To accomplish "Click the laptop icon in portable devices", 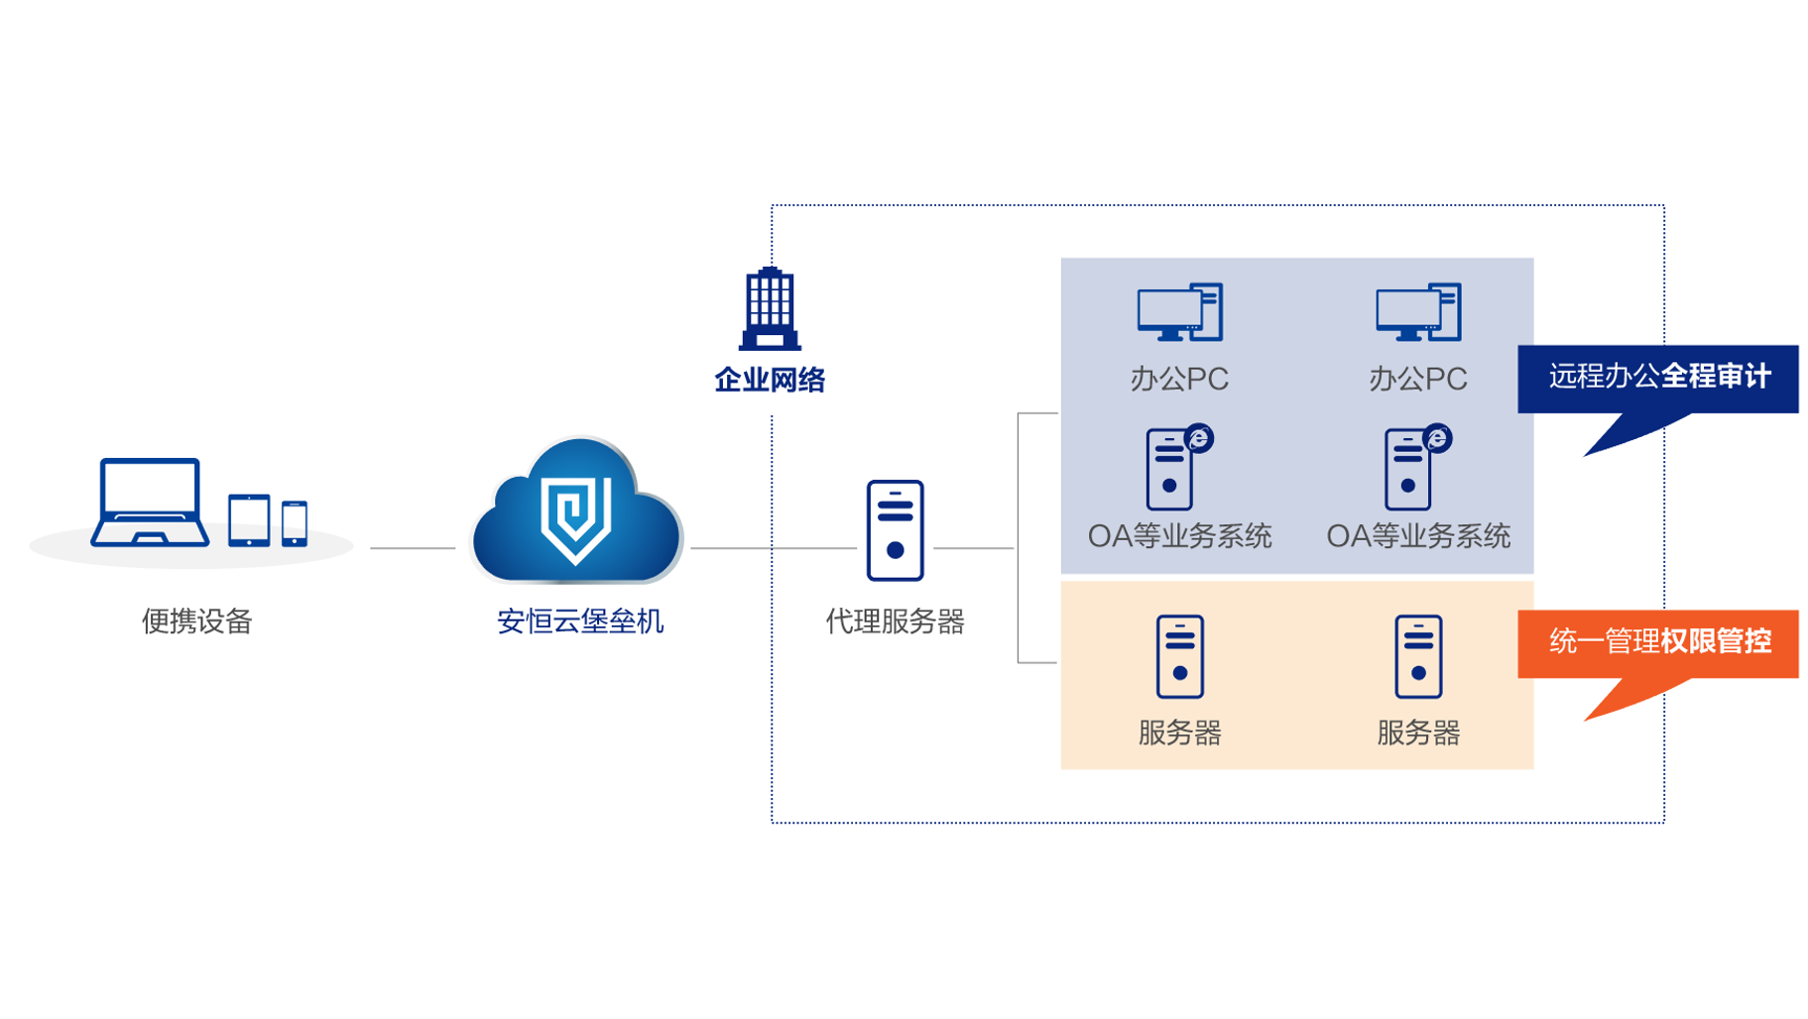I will click(150, 502).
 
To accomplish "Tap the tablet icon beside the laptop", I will click(249, 519).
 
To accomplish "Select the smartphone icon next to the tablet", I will click(295, 522).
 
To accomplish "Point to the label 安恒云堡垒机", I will click(580, 622).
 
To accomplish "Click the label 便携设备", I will click(197, 622).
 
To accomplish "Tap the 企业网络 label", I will click(770, 380).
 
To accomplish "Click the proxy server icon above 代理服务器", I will click(895, 530).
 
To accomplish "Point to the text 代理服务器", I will click(895, 622).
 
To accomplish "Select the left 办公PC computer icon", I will click(1179, 312).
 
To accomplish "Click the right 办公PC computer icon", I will click(1418, 312).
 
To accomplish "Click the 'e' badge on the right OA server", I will click(1437, 437).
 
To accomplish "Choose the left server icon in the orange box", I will click(1179, 656).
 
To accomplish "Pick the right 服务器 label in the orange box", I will click(1418, 734).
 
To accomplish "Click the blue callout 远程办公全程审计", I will click(1658, 378).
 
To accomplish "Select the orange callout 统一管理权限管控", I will click(1658, 642).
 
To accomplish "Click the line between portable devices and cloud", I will click(412, 547).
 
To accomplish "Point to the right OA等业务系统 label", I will click(1418, 536).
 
